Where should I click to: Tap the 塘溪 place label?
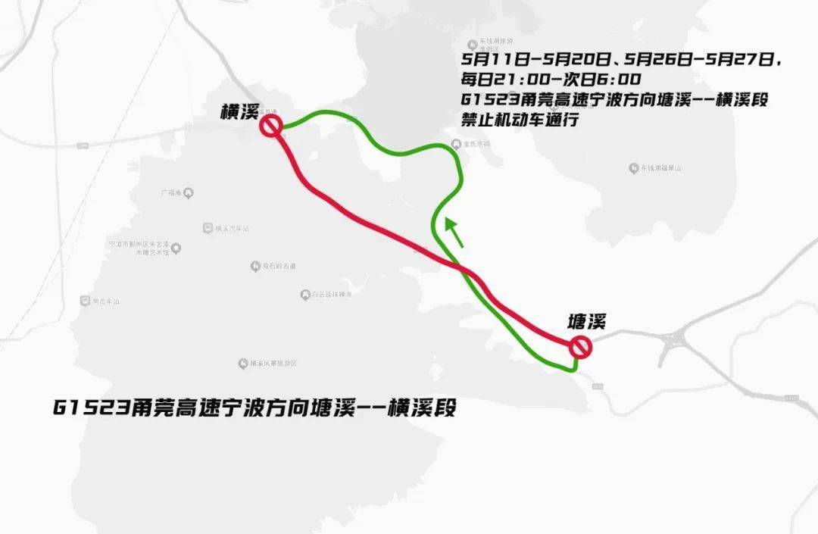pos(587,322)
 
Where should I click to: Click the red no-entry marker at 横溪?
pos(271,126)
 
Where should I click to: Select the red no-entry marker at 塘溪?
pos(581,347)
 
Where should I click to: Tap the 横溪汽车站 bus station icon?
pos(208,228)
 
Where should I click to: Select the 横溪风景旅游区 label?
pos(273,364)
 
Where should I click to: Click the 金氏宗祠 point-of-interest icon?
pos(455,144)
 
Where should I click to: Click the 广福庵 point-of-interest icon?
pos(189,193)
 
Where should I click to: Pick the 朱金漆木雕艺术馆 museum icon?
pos(176,248)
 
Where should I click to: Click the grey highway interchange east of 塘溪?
pos(674,345)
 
